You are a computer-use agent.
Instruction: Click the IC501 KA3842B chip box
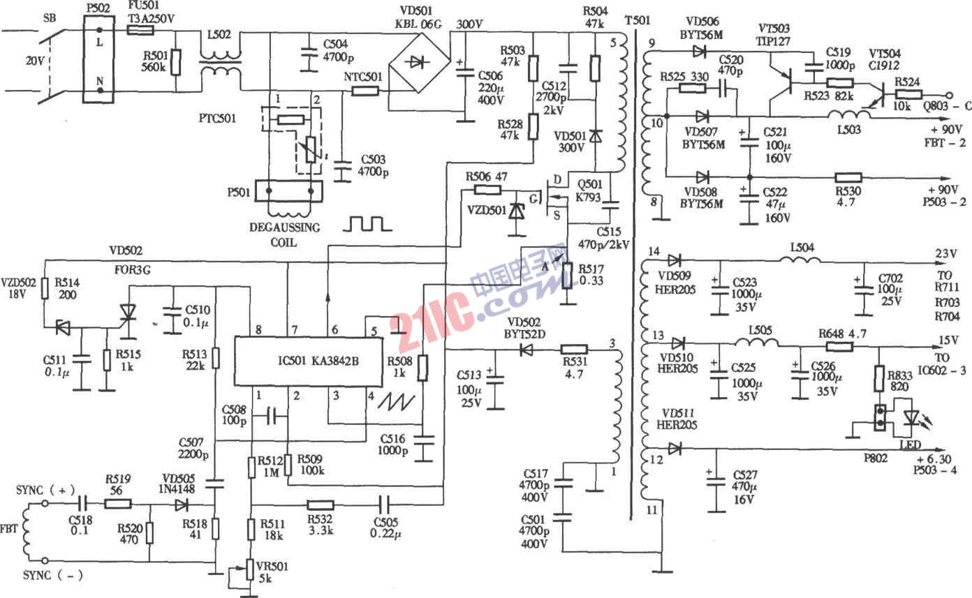[x=308, y=362]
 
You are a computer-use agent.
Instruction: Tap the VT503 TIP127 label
[x=774, y=34]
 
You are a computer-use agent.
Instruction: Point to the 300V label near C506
[x=470, y=25]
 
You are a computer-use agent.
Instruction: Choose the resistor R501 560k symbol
[x=175, y=61]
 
